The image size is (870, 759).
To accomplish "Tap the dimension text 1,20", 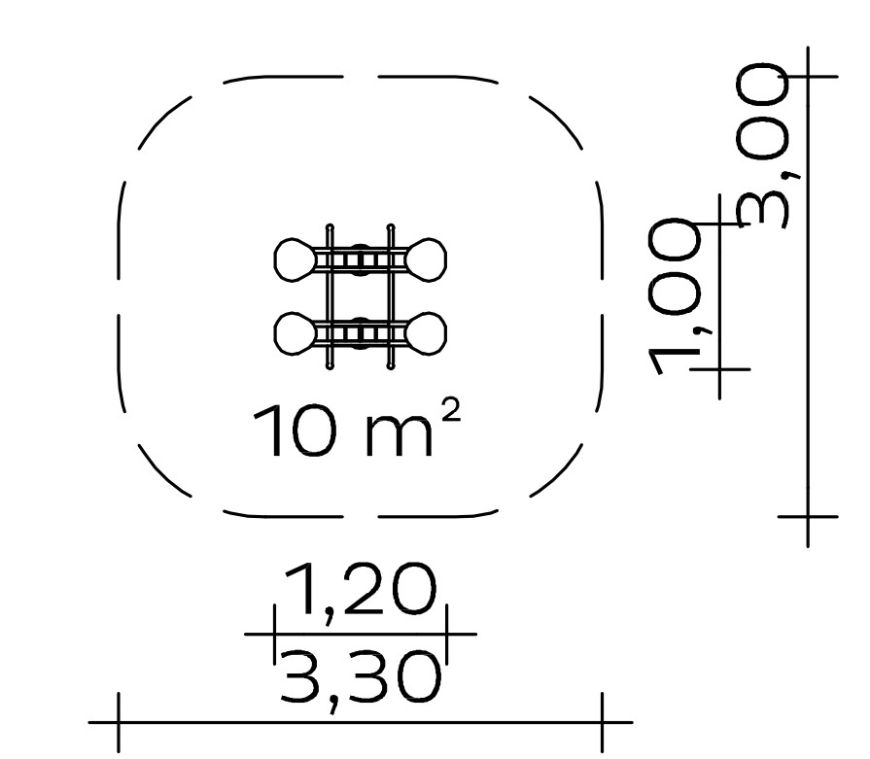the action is click(x=360, y=590).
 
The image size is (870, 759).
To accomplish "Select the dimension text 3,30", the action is click(x=360, y=678).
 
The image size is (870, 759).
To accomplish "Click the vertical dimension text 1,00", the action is click(x=676, y=296).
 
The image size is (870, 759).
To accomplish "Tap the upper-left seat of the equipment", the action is click(x=295, y=259).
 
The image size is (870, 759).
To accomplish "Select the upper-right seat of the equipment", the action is click(x=426, y=259).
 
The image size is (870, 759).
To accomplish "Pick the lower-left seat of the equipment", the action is click(x=295, y=333).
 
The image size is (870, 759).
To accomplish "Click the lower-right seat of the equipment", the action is click(x=426, y=333).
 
